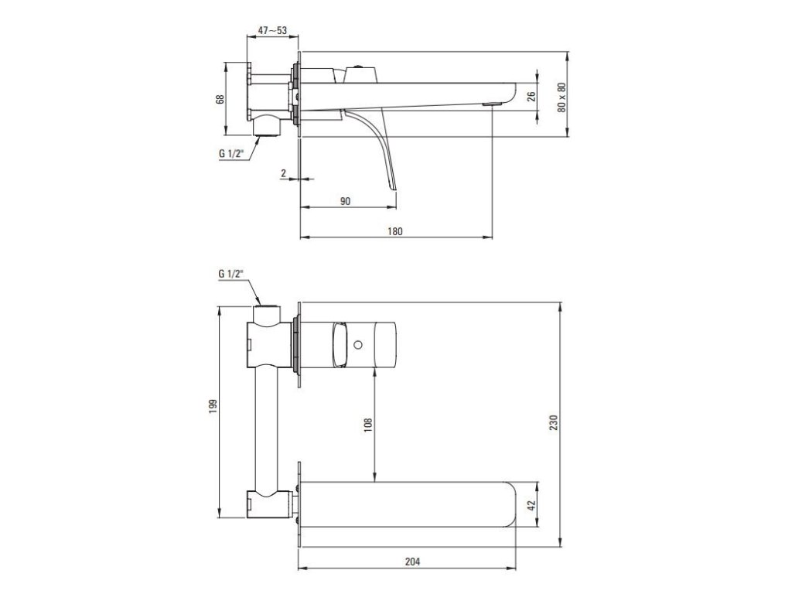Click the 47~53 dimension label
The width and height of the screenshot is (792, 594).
coord(272,30)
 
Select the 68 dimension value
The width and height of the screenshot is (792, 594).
coord(220,99)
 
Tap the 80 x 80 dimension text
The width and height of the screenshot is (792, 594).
coord(562,97)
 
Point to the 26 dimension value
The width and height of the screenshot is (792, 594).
coord(531,96)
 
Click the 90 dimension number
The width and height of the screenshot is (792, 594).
coord(345,201)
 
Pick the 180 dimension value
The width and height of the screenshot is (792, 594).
coord(395,231)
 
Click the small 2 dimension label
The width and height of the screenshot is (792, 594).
coord(283,173)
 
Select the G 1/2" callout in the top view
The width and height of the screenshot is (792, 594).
coord(231,154)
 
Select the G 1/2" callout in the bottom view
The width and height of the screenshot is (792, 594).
coord(231,274)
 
